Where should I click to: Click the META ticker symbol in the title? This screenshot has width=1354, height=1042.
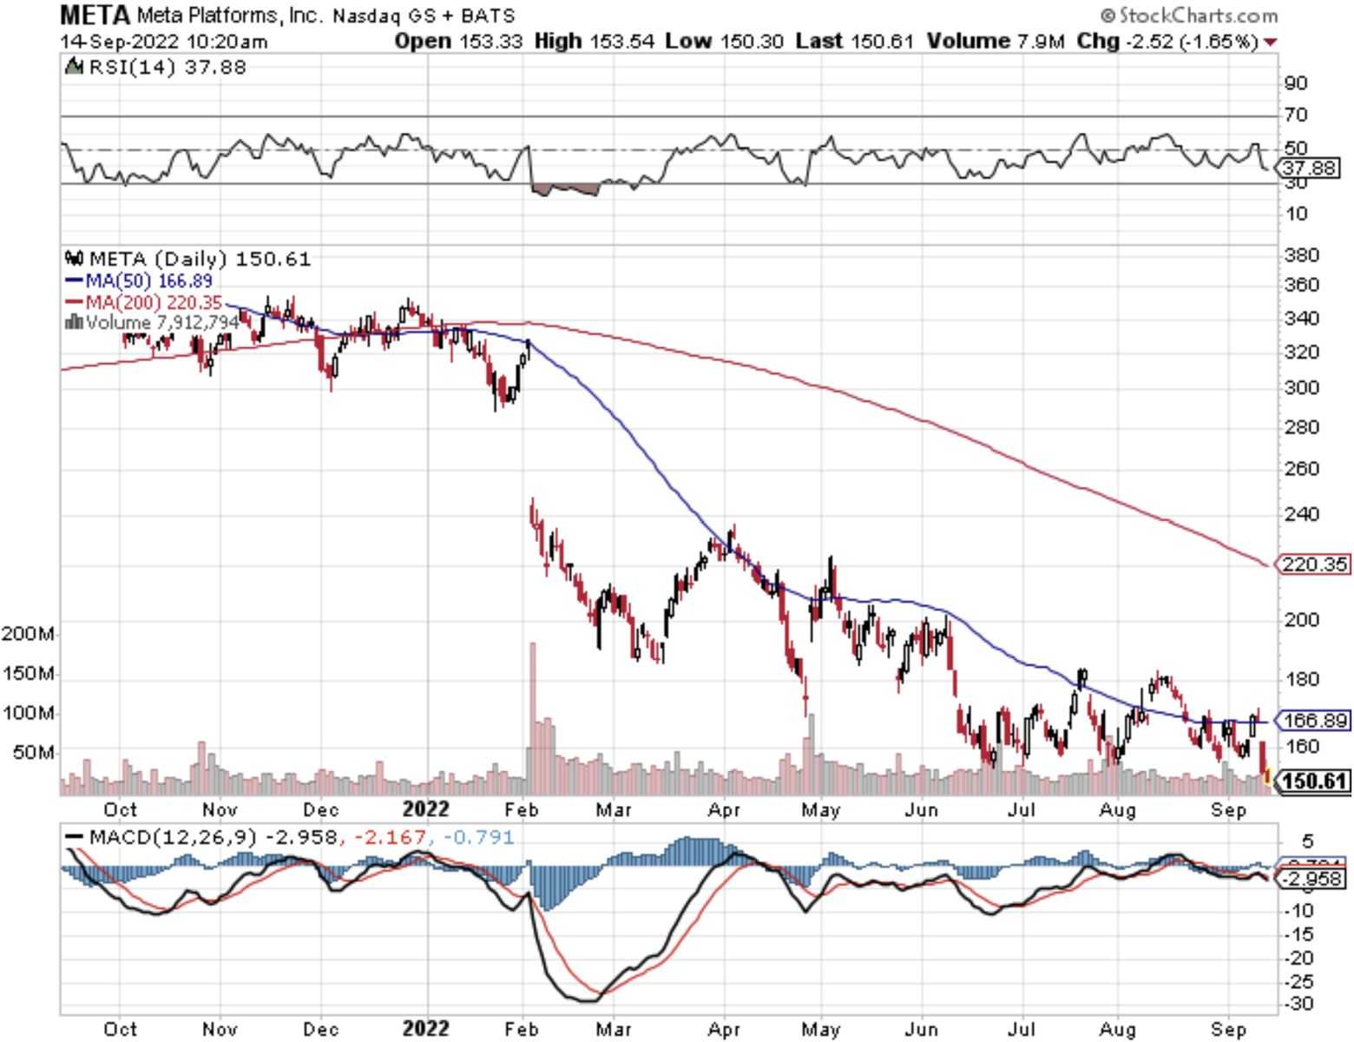point(95,15)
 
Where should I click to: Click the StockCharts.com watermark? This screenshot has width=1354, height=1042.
point(1189,16)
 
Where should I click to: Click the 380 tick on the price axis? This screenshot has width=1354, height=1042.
point(1301,255)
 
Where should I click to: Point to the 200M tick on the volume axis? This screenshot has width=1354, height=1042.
point(27,633)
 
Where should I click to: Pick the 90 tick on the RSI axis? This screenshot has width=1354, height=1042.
point(1296,83)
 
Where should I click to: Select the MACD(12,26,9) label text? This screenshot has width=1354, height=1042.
point(173,837)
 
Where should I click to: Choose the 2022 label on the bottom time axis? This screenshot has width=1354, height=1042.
point(425,1029)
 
